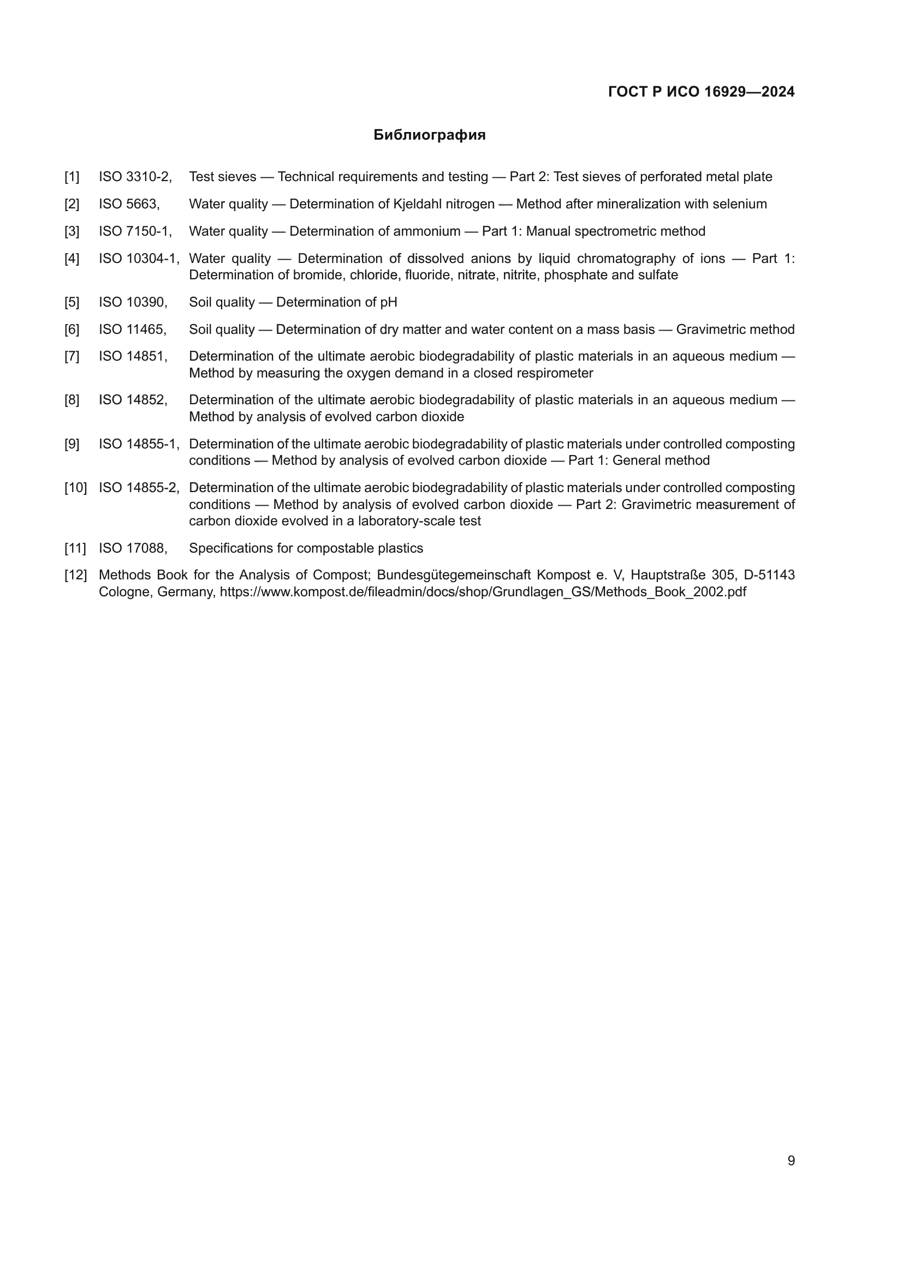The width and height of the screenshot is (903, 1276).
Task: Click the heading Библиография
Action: coord(429,135)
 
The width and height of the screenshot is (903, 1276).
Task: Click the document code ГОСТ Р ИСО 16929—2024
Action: coord(701,92)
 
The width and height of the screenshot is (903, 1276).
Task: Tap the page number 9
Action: coord(791,1160)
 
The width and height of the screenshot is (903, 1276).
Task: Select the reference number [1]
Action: coord(72,177)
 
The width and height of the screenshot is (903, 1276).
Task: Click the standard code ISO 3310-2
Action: coord(135,177)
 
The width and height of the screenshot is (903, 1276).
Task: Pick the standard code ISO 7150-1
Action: coord(135,231)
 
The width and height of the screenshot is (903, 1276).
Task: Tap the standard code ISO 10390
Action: coord(133,302)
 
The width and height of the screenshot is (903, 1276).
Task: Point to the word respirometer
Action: coord(554,373)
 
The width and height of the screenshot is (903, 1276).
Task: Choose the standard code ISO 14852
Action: coord(133,400)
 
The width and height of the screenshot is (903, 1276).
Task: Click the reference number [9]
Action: coord(72,444)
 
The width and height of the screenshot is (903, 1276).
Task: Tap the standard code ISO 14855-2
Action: coord(139,488)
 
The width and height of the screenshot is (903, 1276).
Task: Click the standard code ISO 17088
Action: coord(133,548)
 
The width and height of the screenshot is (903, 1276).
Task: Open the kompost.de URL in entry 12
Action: coord(483,591)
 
